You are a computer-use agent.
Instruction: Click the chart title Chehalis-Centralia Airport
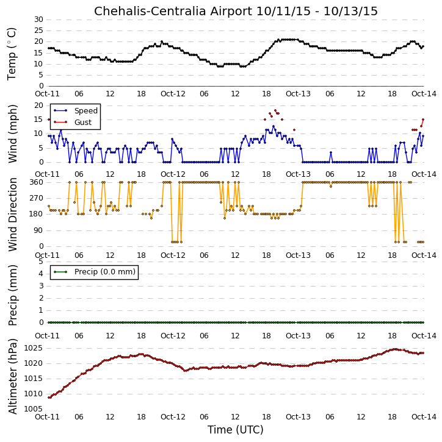point(173,11)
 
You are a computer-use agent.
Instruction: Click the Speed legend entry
point(75,111)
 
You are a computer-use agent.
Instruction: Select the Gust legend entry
point(73,123)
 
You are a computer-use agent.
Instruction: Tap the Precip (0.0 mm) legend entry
point(94,272)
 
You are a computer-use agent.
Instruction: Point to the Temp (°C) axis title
point(12,54)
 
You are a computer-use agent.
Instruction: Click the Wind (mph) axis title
point(12,134)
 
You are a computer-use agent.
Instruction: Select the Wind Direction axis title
point(12,215)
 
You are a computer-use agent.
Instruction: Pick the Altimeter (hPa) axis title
point(12,377)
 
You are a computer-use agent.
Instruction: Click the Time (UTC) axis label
point(236,430)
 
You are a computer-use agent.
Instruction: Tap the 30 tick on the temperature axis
point(38,20)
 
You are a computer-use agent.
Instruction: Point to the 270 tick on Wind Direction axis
point(37,198)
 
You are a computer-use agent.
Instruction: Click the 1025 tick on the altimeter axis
point(34,348)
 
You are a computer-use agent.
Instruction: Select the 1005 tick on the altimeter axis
point(34,409)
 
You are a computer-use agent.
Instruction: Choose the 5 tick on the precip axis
point(41,262)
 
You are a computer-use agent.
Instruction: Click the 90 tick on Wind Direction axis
point(38,230)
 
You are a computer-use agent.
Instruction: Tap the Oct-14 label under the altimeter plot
point(424,416)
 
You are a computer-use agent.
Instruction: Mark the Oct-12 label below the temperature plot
point(173,94)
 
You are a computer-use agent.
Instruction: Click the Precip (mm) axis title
point(12,296)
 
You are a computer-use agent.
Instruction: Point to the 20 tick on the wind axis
point(38,105)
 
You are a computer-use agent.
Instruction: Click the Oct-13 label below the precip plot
point(298,336)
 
